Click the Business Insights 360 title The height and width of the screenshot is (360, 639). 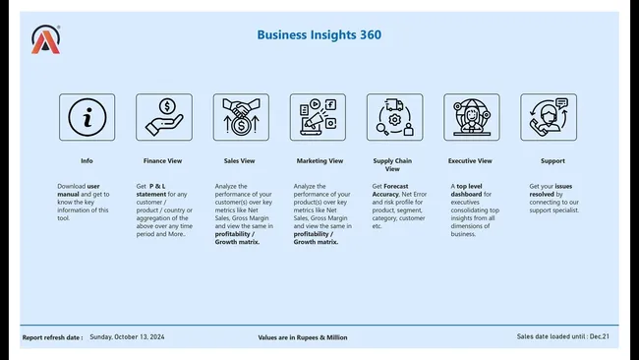click(319, 34)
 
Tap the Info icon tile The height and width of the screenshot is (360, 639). click(87, 117)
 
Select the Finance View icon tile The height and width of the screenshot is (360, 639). click(164, 117)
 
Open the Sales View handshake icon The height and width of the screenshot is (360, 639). click(241, 117)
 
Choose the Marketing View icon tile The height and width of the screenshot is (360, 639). click(318, 117)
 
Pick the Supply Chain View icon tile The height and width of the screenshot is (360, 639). click(394, 117)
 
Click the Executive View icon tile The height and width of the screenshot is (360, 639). click(471, 117)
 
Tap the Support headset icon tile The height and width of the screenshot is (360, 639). click(548, 117)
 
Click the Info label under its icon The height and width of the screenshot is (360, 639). click(87, 160)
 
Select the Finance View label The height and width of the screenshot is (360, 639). click(164, 160)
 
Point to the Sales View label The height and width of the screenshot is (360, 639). click(241, 160)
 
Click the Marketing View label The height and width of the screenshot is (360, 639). click(319, 160)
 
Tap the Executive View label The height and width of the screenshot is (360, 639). click(470, 160)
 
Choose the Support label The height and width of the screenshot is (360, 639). click(552, 160)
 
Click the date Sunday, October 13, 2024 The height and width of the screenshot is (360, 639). click(127, 337)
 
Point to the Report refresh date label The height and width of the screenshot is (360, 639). click(53, 337)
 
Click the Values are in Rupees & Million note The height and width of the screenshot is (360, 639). click(302, 337)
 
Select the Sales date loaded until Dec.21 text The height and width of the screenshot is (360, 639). click(562, 336)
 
